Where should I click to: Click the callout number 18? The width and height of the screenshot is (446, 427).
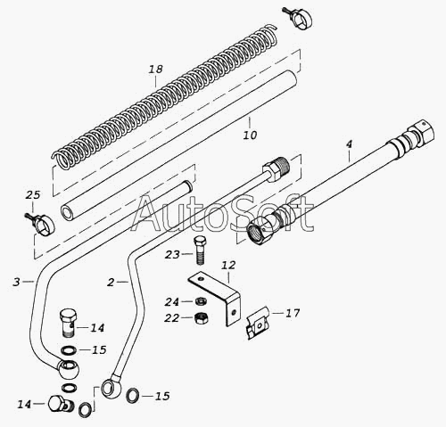(x=156, y=70)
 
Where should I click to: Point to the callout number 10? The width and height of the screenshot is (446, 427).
(x=250, y=135)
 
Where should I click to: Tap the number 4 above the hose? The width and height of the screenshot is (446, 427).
(x=349, y=144)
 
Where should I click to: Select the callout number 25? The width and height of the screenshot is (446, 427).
(x=33, y=195)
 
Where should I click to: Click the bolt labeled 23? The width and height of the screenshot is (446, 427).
(x=200, y=250)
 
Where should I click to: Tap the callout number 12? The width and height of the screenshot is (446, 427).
(x=228, y=265)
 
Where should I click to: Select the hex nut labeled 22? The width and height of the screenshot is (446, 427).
(x=201, y=318)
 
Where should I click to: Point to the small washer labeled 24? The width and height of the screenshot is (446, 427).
(x=200, y=301)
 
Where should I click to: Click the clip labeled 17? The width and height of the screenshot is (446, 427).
(x=257, y=323)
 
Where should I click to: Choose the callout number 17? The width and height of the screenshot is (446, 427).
(x=293, y=313)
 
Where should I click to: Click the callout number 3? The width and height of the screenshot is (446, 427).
(x=16, y=282)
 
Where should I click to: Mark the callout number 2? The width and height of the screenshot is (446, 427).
(x=111, y=283)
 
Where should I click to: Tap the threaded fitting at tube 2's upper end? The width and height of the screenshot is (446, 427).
(x=276, y=169)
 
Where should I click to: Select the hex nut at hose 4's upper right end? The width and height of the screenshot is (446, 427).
(x=421, y=135)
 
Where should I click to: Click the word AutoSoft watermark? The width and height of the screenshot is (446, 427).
(x=223, y=213)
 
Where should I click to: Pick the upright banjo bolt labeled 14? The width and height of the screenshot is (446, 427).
(x=69, y=323)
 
